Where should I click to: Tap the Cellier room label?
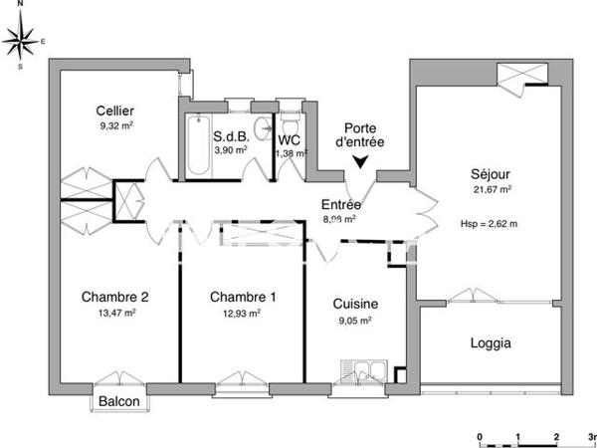pos(115,111)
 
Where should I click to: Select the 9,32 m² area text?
pos(115,126)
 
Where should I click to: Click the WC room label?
pos(291,140)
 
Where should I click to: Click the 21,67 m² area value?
pos(492,189)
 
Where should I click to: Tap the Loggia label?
pos(490,343)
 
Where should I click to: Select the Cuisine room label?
pos(354,305)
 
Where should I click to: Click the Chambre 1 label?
pos(243,297)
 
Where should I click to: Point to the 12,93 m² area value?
pos(243,313)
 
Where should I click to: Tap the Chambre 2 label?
pos(115,297)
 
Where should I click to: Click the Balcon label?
pos(120,401)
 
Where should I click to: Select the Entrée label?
pos(341,204)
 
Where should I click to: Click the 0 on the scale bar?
pos(480,437)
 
